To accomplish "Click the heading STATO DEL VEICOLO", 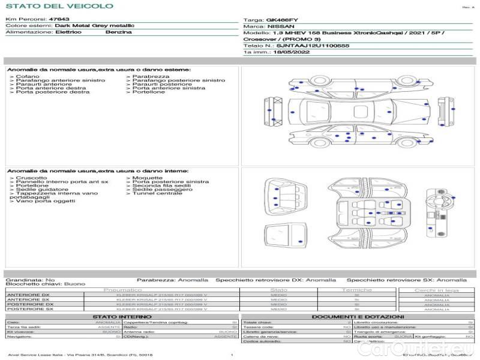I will click(59, 6).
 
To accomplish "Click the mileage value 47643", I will click(59, 20).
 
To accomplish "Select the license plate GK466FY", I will click(281, 20).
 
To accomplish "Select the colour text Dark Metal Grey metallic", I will click(94, 26).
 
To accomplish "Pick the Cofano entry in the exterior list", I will click(28, 77).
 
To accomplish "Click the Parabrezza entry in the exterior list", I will click(151, 77).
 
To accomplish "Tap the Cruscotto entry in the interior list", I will click(31, 178).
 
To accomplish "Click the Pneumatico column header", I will click(122, 290).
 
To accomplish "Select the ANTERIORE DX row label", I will click(28, 295).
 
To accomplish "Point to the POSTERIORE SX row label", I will click(29, 309).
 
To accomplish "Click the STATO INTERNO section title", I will click(118, 317).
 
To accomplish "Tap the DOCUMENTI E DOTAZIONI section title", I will click(358, 317).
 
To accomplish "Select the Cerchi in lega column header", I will click(436, 290).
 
